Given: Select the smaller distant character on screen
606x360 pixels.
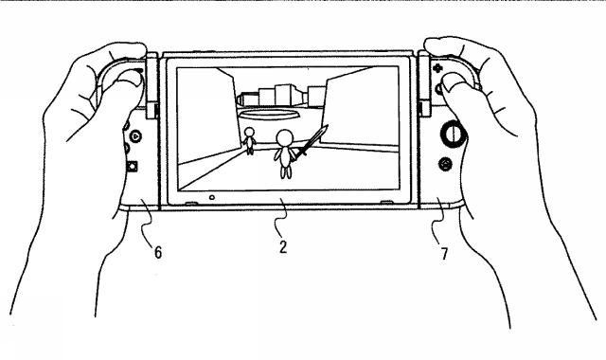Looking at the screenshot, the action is click(x=250, y=140).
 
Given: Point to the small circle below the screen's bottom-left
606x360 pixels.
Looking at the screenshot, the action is click(x=212, y=198).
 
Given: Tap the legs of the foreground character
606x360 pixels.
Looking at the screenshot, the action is click(x=283, y=171).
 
